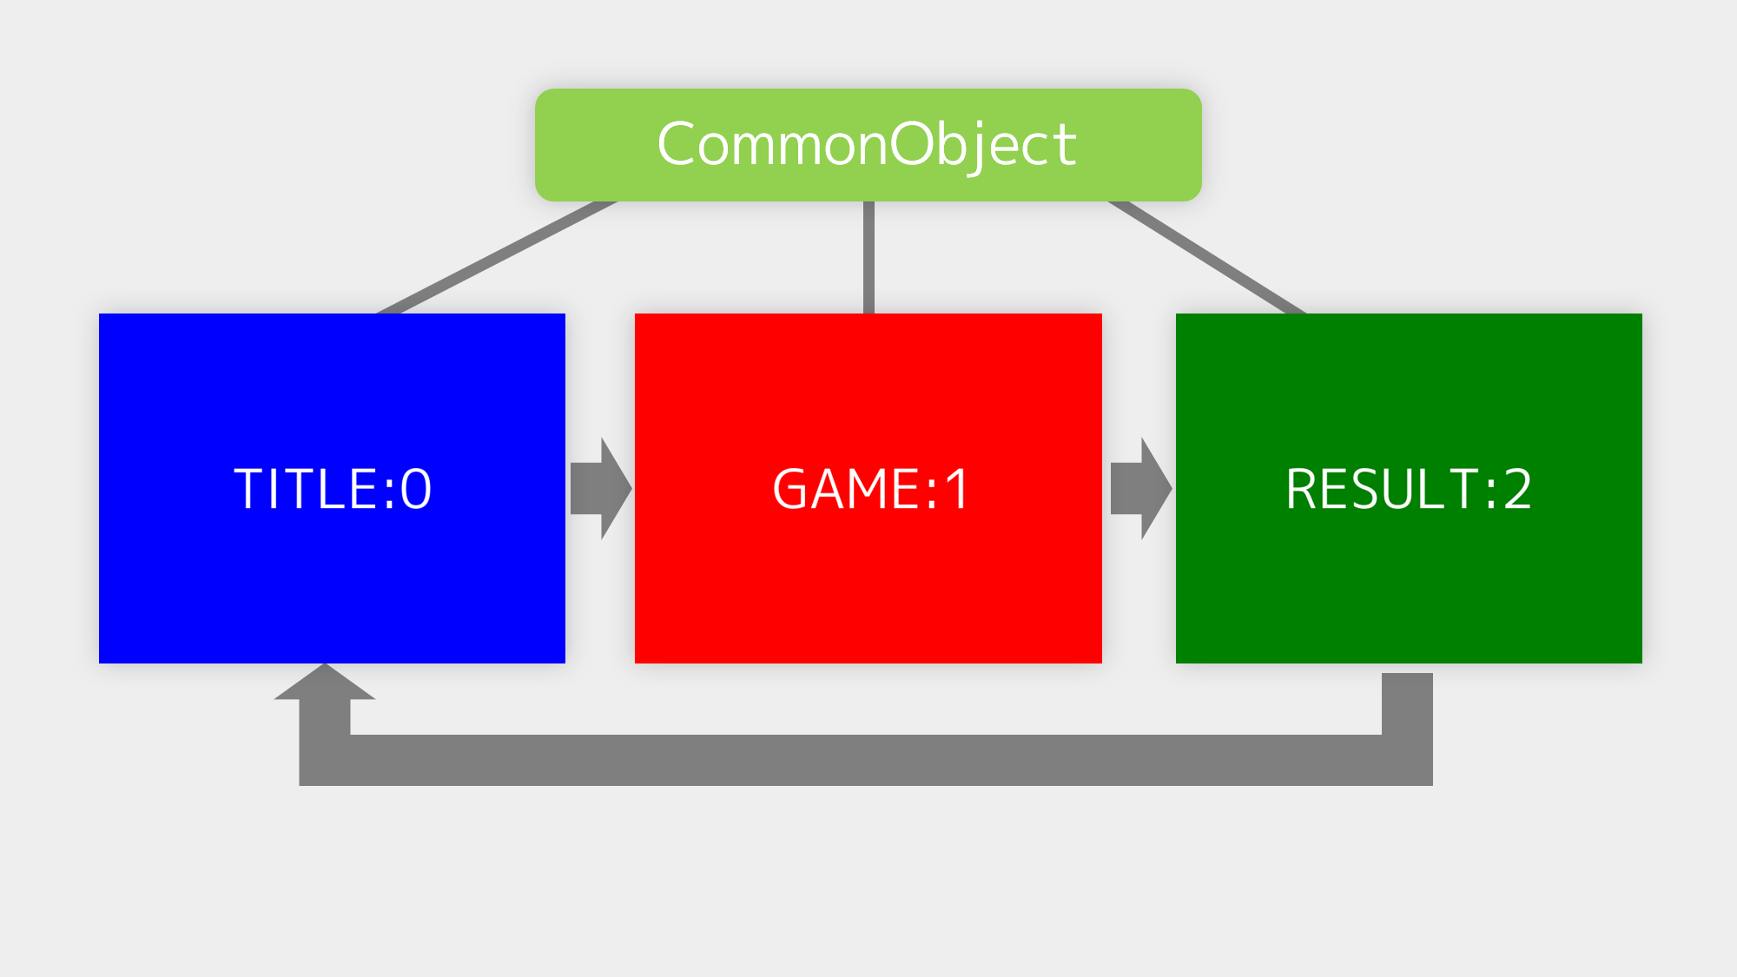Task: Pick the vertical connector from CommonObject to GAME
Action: point(868,257)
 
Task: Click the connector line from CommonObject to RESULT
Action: point(1207,257)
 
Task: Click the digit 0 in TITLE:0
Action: point(416,489)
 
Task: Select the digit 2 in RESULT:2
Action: point(1517,489)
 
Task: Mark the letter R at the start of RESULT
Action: point(1304,489)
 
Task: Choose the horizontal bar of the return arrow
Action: point(868,760)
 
